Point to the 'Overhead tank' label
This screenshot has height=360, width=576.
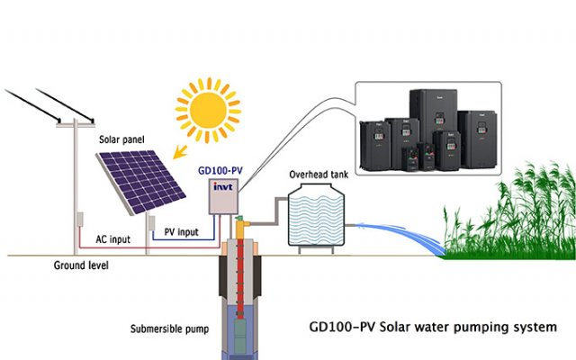coord(315,174)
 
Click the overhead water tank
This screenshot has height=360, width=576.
coord(315,217)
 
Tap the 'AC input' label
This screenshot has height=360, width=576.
coord(114,239)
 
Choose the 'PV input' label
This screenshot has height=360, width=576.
coord(182,232)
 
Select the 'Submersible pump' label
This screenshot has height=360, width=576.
coord(168,328)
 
